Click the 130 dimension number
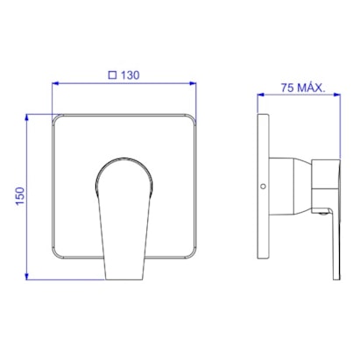point(131,75)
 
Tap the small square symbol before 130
point(112,75)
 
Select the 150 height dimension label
point(20,196)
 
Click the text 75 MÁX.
point(303,88)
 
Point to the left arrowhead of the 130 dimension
point(55,83)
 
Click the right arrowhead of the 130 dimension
point(193,83)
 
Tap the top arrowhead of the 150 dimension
point(27,117)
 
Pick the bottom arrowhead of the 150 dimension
point(27,276)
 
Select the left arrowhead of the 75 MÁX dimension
point(261,95)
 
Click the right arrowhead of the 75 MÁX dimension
point(337,95)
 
